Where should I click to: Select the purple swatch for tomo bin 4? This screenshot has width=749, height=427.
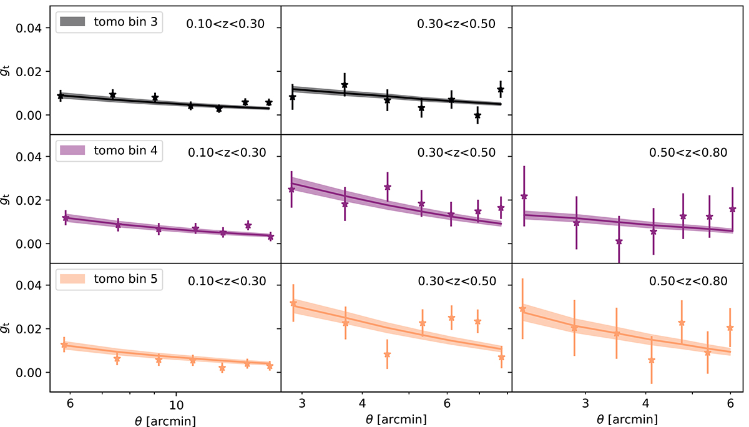coord(71,150)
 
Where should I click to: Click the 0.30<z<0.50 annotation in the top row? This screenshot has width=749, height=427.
coord(456,24)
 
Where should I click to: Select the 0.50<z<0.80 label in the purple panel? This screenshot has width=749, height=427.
coord(688,153)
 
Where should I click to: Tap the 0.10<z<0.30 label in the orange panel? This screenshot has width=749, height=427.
coord(227,282)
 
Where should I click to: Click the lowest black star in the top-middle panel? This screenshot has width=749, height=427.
coord(477,115)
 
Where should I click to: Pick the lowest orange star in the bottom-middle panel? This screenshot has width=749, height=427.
coord(387,355)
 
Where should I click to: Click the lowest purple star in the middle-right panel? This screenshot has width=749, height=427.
coord(619,242)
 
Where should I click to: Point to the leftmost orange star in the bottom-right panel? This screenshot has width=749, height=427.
coord(522,309)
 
